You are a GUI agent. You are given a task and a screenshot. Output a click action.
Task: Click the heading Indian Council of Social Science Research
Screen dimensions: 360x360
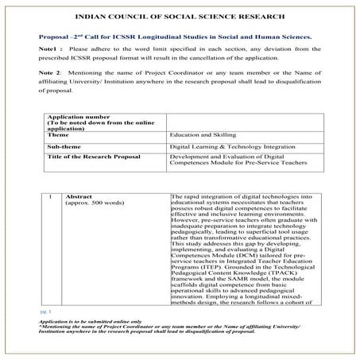[x=180, y=16]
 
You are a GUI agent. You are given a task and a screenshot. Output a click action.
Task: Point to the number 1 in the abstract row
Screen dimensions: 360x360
[x=50, y=195]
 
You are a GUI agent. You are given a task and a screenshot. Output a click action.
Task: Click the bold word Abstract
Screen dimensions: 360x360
[x=79, y=195]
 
